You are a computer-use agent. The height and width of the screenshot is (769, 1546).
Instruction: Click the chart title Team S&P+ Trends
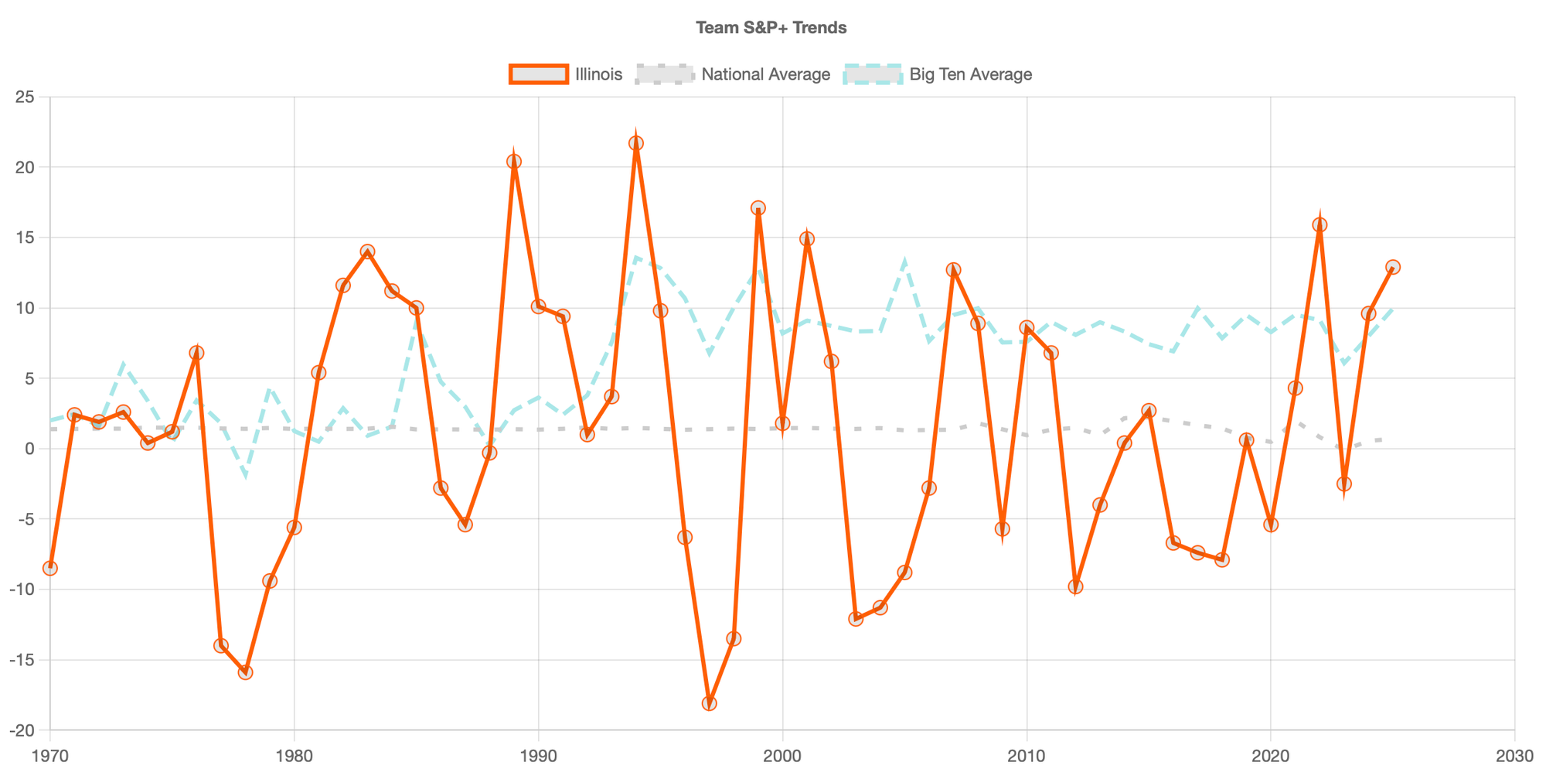point(771,28)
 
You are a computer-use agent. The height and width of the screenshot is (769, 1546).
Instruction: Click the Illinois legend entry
point(566,74)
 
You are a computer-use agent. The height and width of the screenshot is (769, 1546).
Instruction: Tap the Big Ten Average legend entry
point(938,74)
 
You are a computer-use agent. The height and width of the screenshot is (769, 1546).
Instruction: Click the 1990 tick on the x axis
point(538,754)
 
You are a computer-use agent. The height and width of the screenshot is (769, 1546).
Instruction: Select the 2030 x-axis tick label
point(1514,754)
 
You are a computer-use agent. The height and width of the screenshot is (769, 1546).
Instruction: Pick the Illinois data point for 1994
point(636,143)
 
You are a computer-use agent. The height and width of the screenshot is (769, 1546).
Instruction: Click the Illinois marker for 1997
point(710,703)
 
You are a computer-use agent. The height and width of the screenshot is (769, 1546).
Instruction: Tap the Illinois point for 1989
point(514,162)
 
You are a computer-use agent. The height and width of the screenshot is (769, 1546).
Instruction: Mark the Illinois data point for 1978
point(245,672)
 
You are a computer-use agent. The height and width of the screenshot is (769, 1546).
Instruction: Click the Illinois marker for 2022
point(1320,225)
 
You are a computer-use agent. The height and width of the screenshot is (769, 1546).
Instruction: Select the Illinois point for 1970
point(50,569)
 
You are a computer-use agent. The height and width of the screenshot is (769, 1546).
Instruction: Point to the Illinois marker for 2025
point(1393,267)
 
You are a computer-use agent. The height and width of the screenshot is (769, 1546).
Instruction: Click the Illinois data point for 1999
point(758,208)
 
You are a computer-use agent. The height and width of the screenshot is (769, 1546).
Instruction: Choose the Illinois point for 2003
point(856,619)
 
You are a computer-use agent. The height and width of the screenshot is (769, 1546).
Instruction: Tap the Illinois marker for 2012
point(1075,586)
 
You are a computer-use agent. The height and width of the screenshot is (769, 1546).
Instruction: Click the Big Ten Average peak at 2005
point(904,261)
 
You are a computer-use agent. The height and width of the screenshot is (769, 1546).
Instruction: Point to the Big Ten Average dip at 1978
point(245,474)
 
